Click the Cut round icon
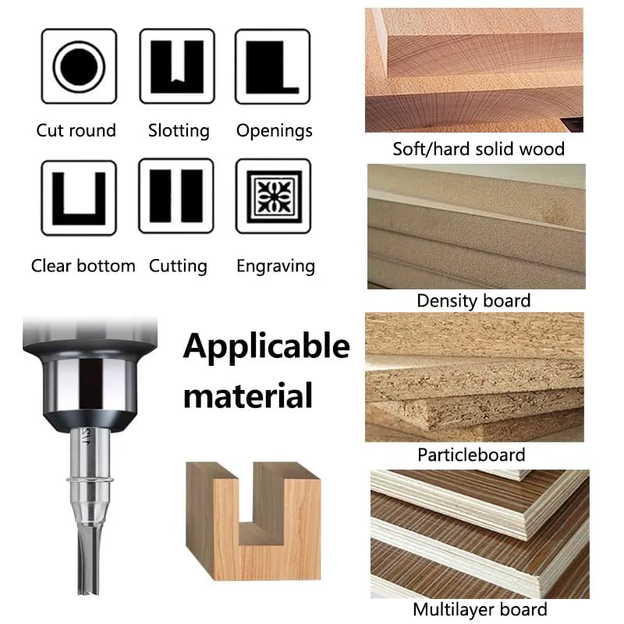coord(79,66)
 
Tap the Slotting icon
coord(177,66)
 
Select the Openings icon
coord(272,66)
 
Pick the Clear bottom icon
coord(79,198)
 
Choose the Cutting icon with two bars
coord(176,196)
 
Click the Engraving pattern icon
coord(274,197)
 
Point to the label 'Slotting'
coord(179,130)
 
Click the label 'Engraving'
coord(276,266)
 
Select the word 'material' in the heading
coord(248,395)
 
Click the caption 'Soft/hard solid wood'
coord(478,149)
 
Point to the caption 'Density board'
coord(473,301)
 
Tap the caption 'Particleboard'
coord(471,455)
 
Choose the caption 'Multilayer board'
coord(480,609)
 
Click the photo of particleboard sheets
coord(474,377)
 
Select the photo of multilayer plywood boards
coord(480,534)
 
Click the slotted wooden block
coord(253,520)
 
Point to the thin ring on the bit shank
coord(90,480)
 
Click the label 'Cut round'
coord(76,130)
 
